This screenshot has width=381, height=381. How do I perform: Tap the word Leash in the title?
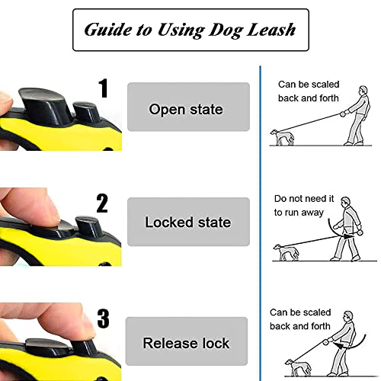tap(271, 30)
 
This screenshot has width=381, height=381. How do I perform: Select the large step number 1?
tap(104, 88)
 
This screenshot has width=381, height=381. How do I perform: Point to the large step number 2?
tap(102, 203)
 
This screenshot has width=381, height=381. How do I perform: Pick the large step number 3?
tap(104, 319)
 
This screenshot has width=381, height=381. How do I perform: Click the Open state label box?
tap(188, 107)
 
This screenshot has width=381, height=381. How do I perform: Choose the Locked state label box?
tap(188, 222)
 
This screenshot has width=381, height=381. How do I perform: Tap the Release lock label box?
tap(187, 341)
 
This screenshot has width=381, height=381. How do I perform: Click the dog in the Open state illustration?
tap(282, 137)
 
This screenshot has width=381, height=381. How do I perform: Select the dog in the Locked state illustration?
tap(286, 252)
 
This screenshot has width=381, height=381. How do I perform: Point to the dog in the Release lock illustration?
tap(298, 367)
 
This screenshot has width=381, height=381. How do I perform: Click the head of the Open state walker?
tap(363, 91)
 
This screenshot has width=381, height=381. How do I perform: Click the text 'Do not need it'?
tap(304, 199)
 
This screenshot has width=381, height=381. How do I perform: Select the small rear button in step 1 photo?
tap(85, 112)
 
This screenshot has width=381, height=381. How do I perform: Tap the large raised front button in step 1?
tap(45, 104)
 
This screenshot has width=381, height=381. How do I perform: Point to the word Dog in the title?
tap(225, 30)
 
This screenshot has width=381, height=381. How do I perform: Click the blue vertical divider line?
tap(261, 223)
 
